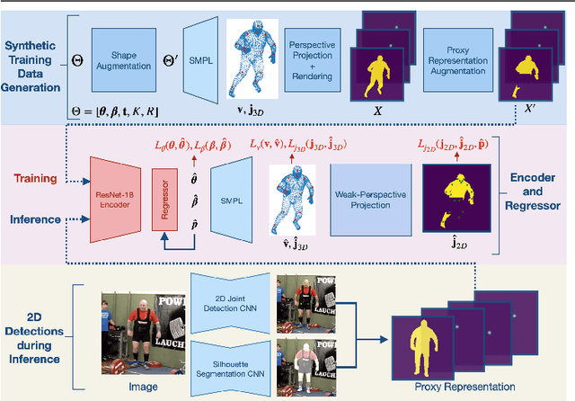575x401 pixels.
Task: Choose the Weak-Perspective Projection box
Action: (x=364, y=204)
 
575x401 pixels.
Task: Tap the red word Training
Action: (x=35, y=177)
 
